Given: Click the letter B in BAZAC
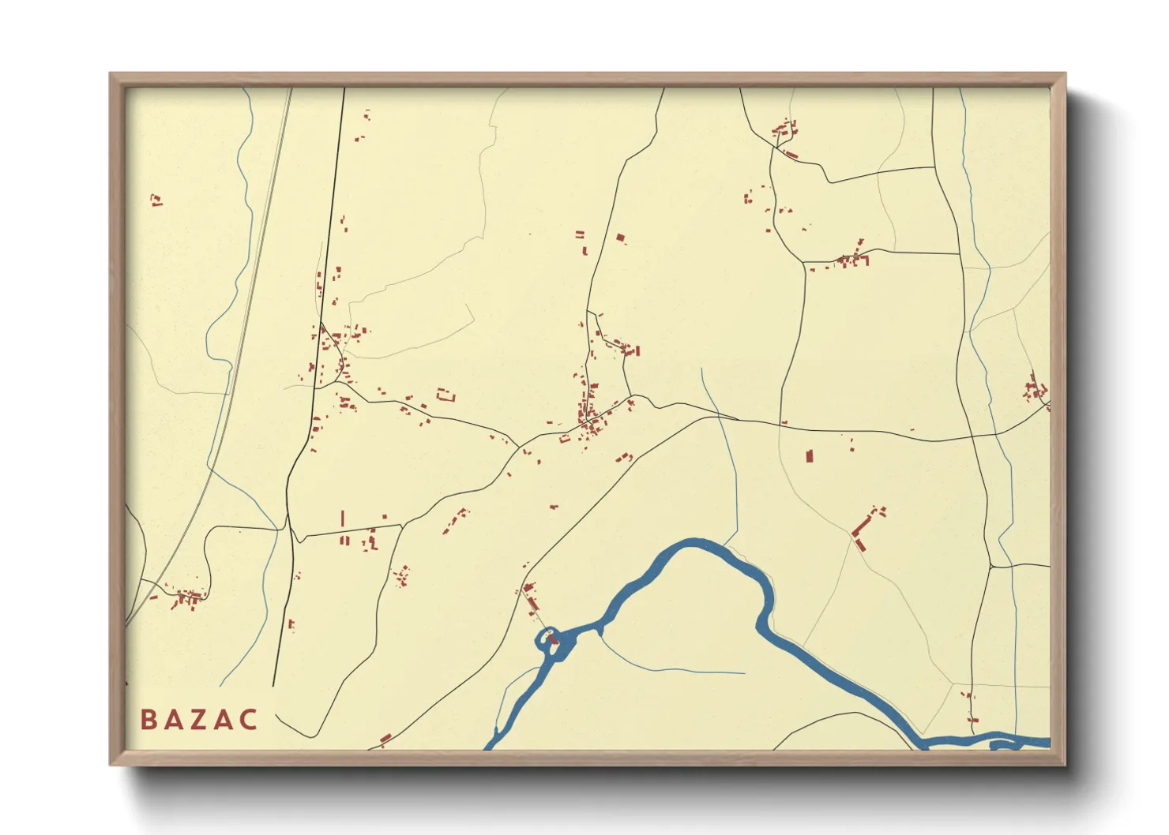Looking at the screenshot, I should [x=148, y=720].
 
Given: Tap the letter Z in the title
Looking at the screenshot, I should [x=197, y=720].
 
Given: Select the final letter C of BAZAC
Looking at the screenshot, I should [x=249, y=720].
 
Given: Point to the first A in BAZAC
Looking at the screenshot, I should [x=172, y=720].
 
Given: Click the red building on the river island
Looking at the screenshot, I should [x=554, y=639].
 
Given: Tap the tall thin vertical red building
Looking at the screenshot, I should [x=343, y=519].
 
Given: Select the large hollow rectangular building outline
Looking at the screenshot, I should [x=446, y=395].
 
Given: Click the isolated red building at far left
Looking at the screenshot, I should [x=156, y=200].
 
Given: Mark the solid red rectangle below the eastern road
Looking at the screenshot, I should [x=809, y=456].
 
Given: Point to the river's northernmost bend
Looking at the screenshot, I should [x=695, y=543].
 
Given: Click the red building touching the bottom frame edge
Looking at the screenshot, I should [x=385, y=740].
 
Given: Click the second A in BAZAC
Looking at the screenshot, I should [x=223, y=720].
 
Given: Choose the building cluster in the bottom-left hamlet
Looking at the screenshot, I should [x=187, y=597].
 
